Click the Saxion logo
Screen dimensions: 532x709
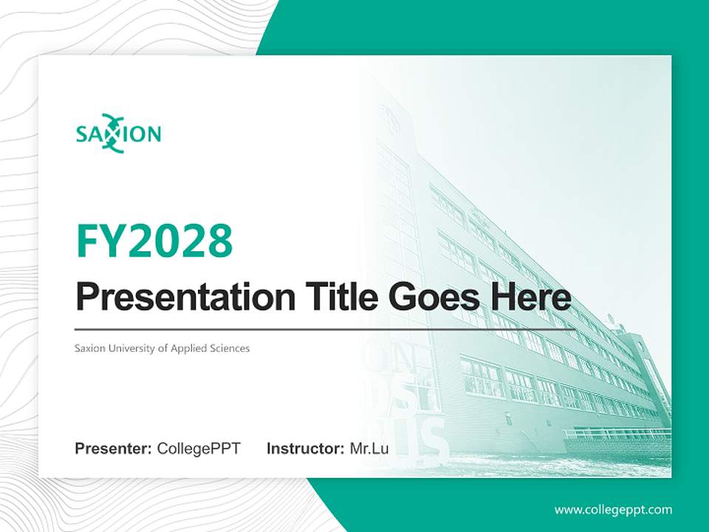(118, 134)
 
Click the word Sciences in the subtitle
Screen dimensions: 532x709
(227, 348)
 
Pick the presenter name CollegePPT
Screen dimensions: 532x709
(199, 449)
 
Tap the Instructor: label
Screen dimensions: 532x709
(305, 449)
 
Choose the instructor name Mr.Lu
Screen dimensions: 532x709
(369, 449)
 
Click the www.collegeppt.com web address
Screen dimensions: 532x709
(613, 510)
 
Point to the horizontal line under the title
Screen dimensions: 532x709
(325, 329)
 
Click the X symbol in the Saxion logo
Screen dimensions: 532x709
(112, 134)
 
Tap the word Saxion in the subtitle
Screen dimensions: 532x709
(89, 348)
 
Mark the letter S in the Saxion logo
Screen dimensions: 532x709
(82, 134)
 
